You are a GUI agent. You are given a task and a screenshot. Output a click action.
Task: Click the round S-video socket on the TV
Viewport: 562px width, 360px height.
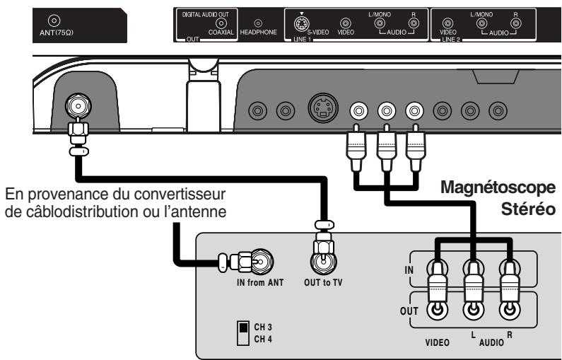[321, 111]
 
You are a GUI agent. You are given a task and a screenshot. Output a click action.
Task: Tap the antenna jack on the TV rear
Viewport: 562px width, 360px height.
[76, 107]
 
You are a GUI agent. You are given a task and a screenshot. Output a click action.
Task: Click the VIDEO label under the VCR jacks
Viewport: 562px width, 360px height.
[438, 343]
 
